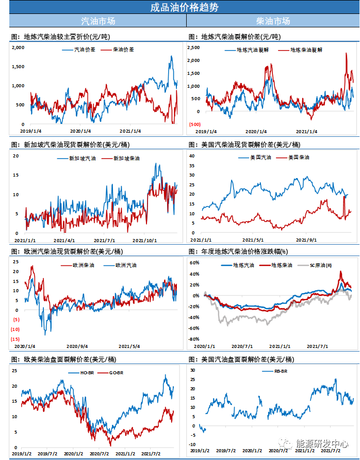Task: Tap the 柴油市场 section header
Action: click(x=273, y=21)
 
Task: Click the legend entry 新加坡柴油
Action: click(x=126, y=158)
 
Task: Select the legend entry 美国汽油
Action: click(x=260, y=157)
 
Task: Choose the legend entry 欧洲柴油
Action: click(x=76, y=265)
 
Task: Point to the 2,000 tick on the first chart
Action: click(x=18, y=47)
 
